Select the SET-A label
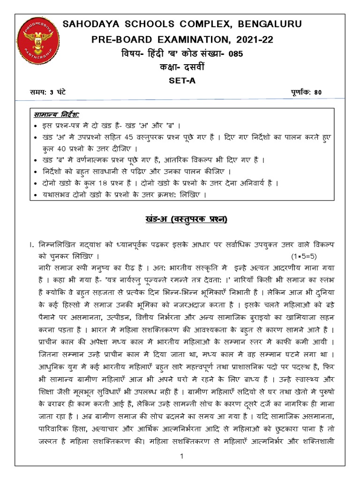180,80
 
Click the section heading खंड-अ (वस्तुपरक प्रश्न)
180,219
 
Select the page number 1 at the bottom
180,456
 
